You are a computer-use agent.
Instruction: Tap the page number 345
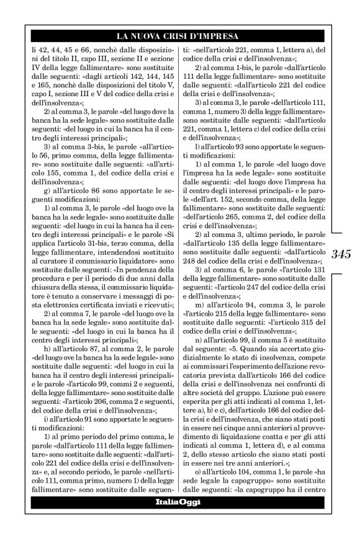pos(342,253)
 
